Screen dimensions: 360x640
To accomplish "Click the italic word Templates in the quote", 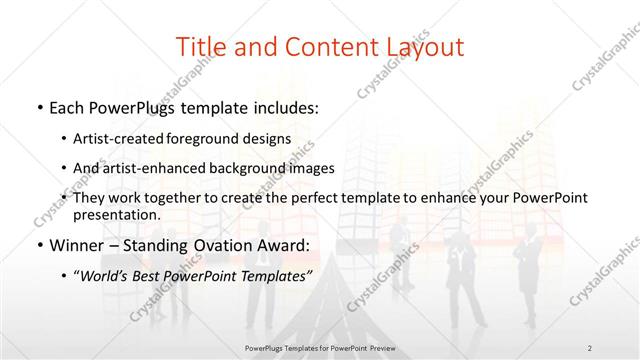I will click(x=277, y=276).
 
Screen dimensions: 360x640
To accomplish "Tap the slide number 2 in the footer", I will click(x=589, y=347).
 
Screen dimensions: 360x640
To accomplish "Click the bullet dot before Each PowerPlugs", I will click(x=37, y=106).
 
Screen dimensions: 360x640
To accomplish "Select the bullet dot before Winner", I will click(x=37, y=245).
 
